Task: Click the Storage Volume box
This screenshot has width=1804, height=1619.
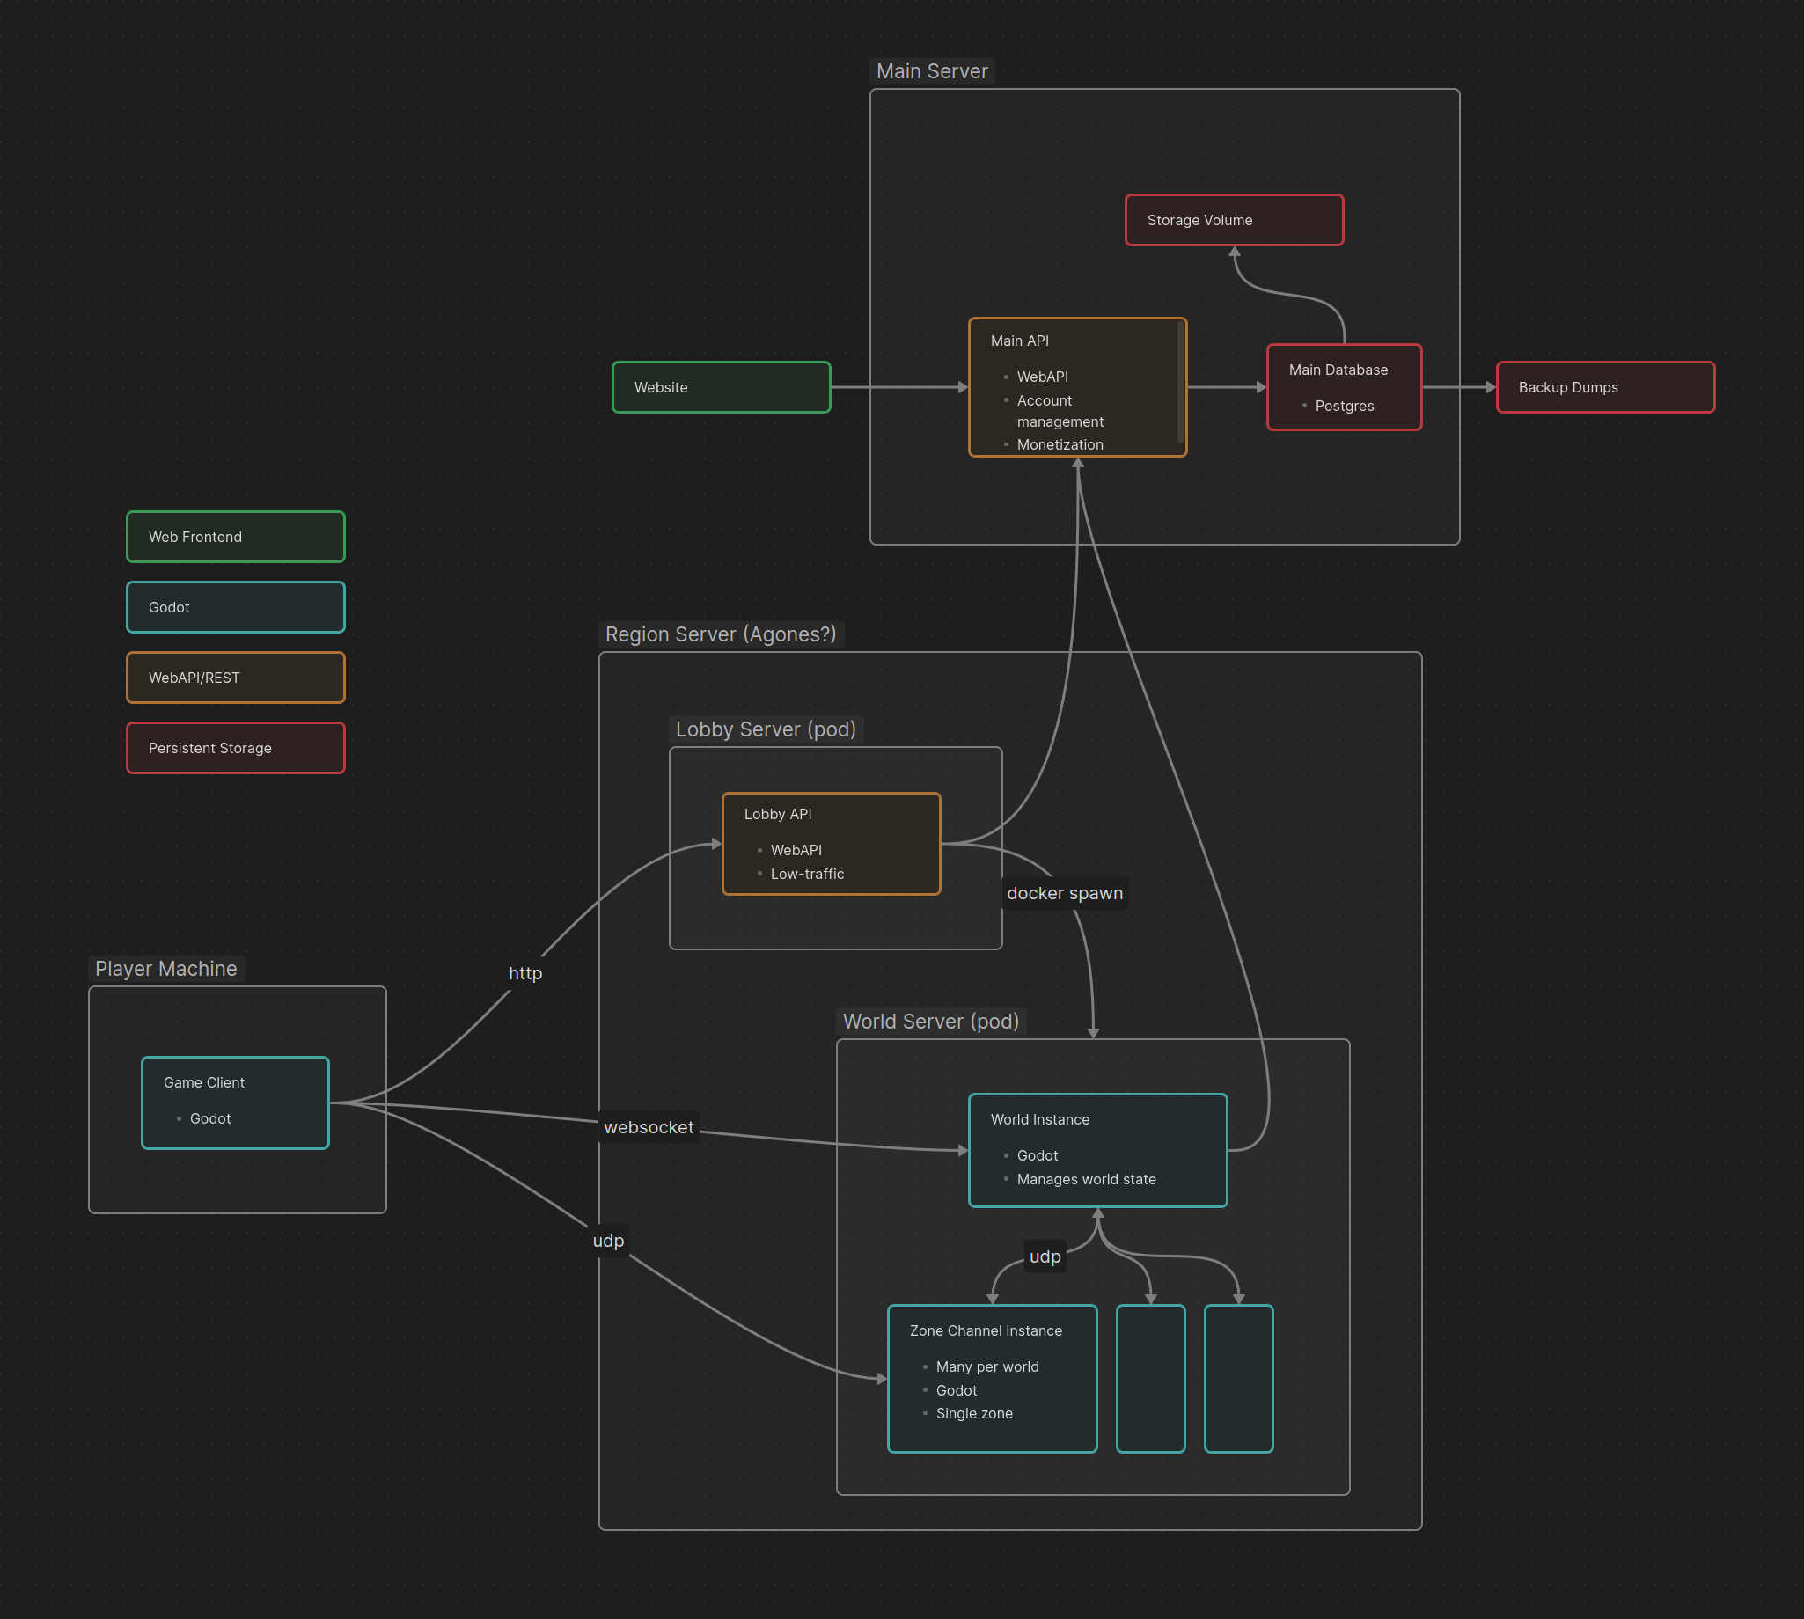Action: tap(1233, 220)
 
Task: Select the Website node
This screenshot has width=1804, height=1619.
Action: tap(721, 387)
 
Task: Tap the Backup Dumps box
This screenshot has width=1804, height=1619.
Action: tap(1605, 387)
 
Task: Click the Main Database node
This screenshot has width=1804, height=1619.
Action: tap(1343, 387)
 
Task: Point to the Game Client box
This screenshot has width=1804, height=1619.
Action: tap(235, 1103)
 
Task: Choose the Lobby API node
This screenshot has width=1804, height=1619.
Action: tap(831, 842)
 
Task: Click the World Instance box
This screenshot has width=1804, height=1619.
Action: tap(1096, 1149)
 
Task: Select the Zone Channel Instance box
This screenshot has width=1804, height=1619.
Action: tap(992, 1377)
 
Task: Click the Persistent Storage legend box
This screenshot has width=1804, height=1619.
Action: tap(235, 747)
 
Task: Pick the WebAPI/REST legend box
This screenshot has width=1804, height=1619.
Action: tap(235, 677)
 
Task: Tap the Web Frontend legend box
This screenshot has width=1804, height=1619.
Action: tap(235, 537)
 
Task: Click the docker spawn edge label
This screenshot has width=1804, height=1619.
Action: tap(1064, 893)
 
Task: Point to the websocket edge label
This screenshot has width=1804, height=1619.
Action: tap(649, 1127)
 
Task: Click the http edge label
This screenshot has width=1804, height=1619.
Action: tap(524, 973)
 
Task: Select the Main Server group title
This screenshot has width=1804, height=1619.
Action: tap(931, 71)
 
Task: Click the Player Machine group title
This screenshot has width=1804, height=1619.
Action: tap(165, 969)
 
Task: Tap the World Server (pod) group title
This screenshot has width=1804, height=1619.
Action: tap(930, 1022)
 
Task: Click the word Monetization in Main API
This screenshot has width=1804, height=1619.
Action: tap(1060, 443)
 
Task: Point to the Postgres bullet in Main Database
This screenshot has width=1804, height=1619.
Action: tap(1343, 406)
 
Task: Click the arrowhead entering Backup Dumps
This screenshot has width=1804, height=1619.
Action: tap(1490, 387)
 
